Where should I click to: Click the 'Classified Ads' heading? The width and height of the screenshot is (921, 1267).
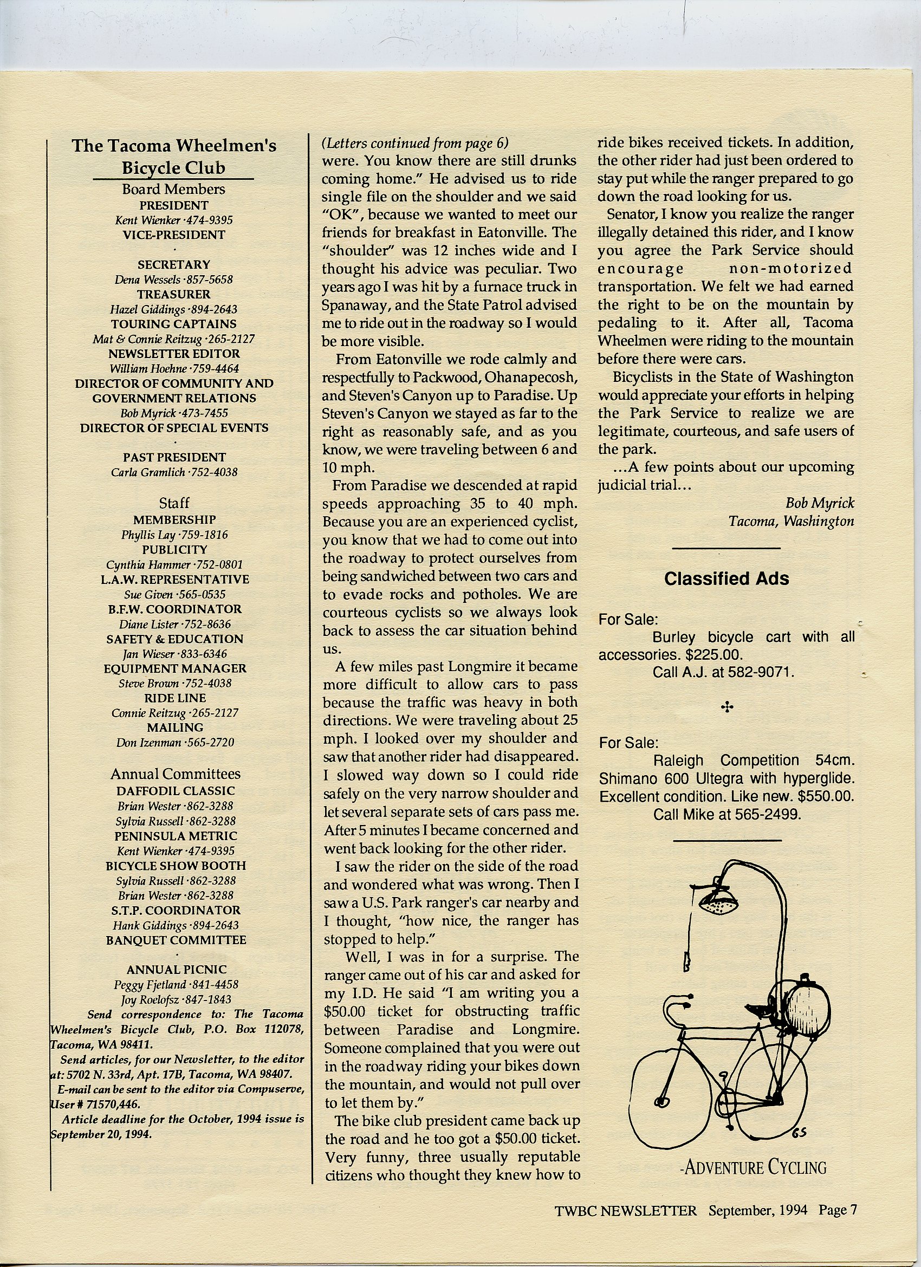point(726,578)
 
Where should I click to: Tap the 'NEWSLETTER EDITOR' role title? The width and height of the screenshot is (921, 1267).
point(174,354)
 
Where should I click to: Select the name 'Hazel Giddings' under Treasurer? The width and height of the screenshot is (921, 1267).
point(147,309)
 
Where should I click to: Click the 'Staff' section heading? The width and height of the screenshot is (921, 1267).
point(174,502)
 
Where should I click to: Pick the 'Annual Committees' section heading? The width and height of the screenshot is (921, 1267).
point(175,774)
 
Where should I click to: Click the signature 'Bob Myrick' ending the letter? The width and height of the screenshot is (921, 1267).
point(819,503)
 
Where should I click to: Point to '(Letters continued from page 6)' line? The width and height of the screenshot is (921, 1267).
point(415,143)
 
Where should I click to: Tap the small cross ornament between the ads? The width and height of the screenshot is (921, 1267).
point(727,708)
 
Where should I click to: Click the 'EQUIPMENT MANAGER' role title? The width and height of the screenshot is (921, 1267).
point(175,668)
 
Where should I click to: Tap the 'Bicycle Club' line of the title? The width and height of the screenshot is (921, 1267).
point(173,167)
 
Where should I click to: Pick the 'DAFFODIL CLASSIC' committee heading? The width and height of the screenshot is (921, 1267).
point(176,790)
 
